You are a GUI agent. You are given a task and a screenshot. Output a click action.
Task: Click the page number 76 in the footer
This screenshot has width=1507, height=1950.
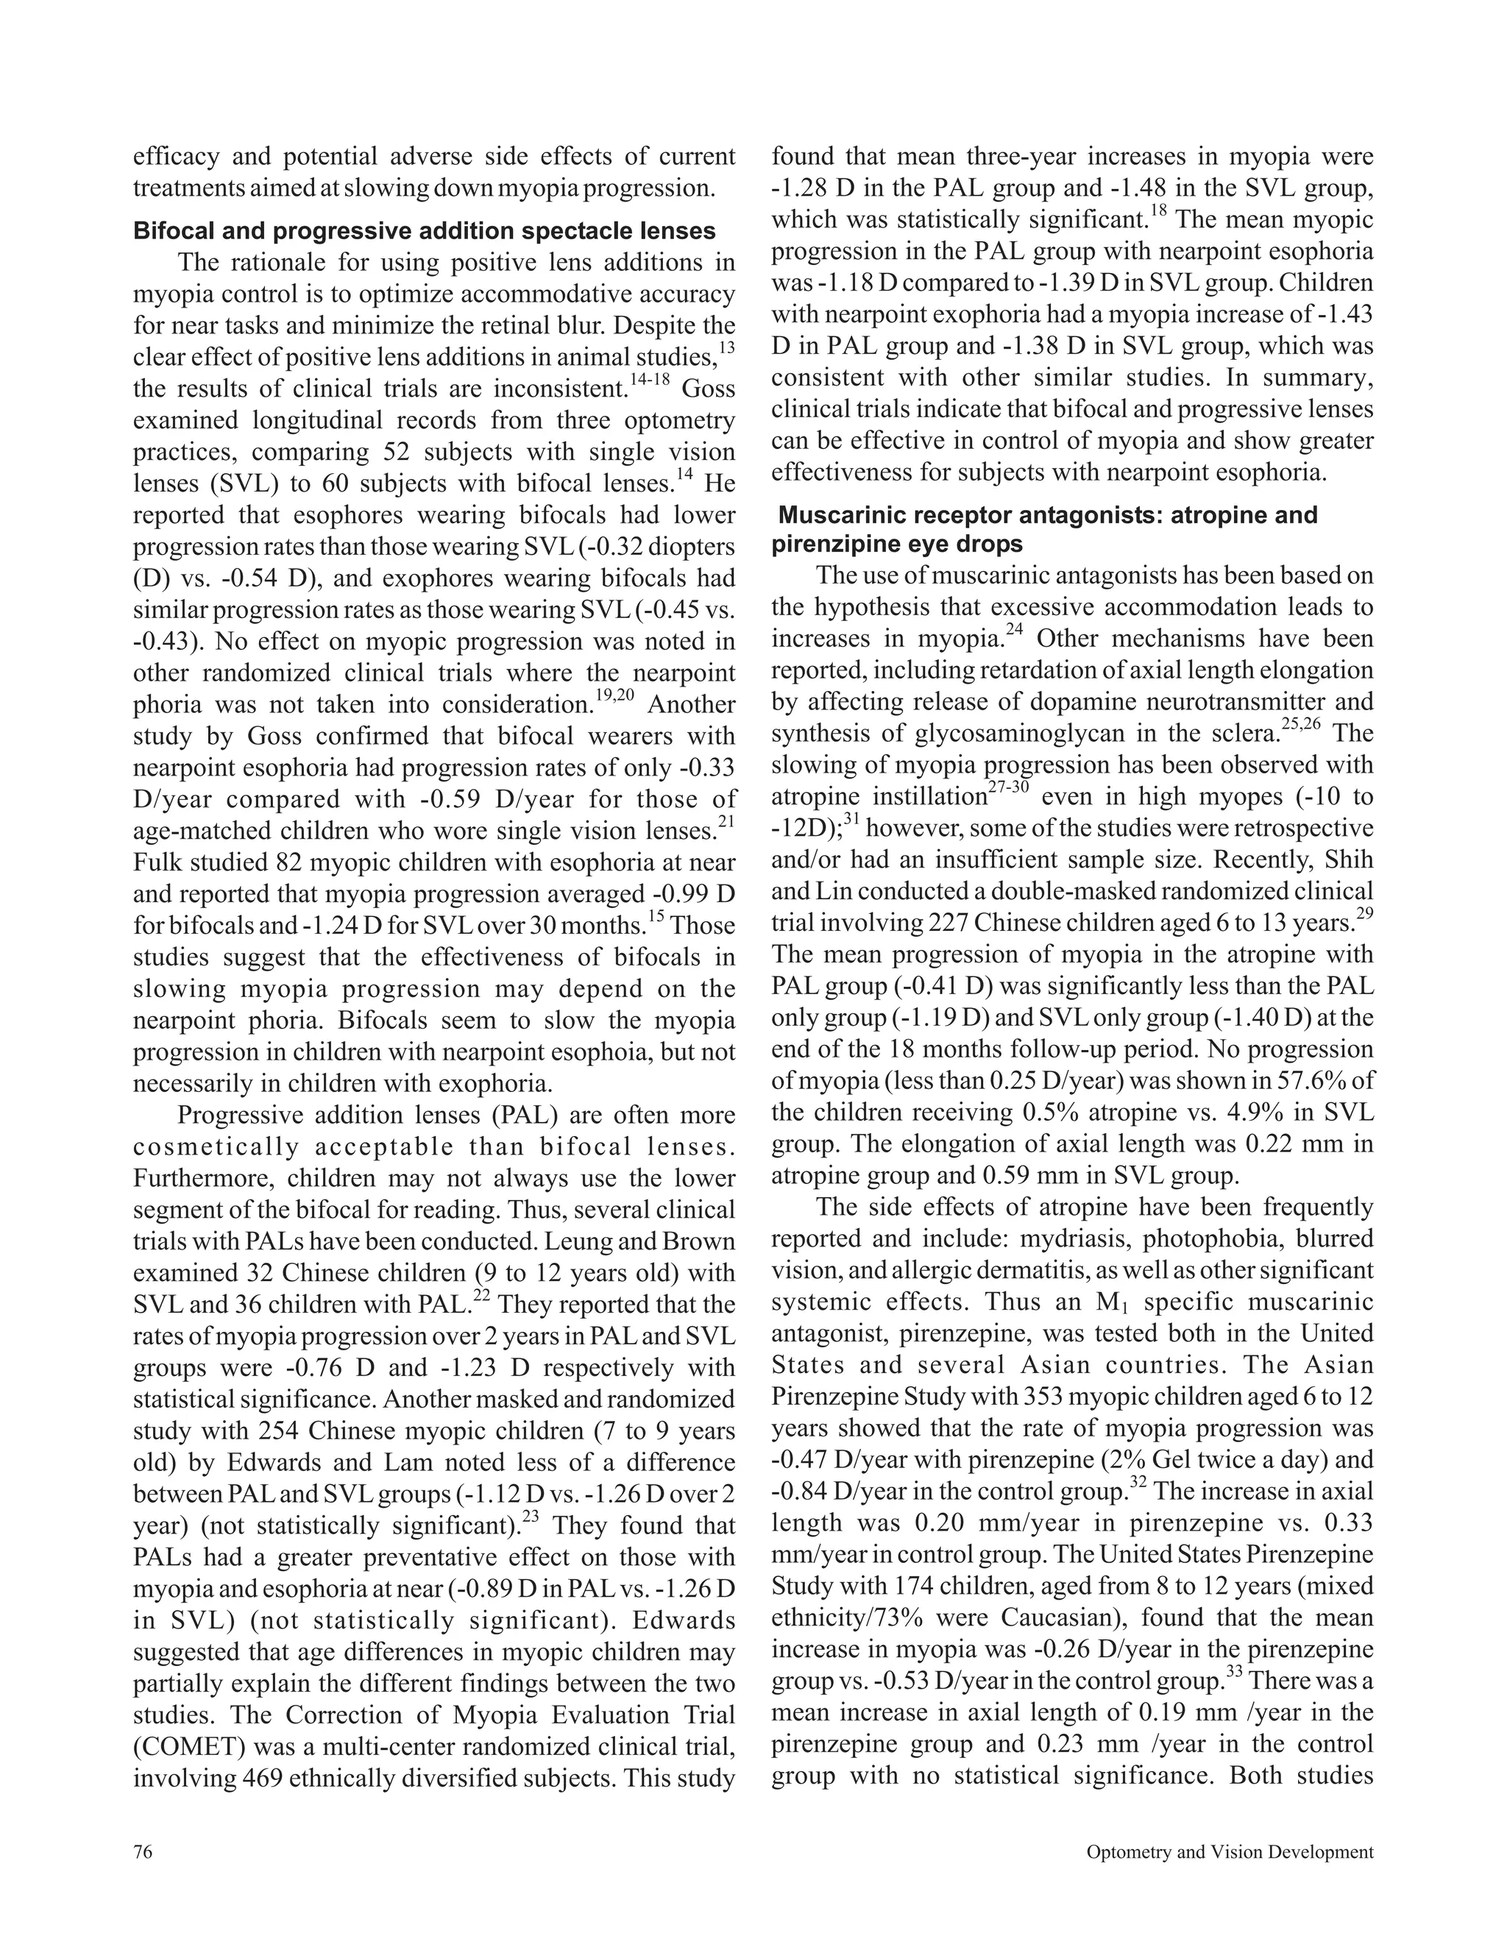tap(143, 1852)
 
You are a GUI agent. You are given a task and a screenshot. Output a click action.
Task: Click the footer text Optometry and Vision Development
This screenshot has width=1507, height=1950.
tap(1230, 1852)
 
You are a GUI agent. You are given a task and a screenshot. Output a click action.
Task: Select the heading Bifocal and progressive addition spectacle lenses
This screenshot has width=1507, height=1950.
tap(424, 231)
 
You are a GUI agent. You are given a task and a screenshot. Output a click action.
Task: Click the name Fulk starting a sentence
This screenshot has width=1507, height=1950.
tap(160, 863)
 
